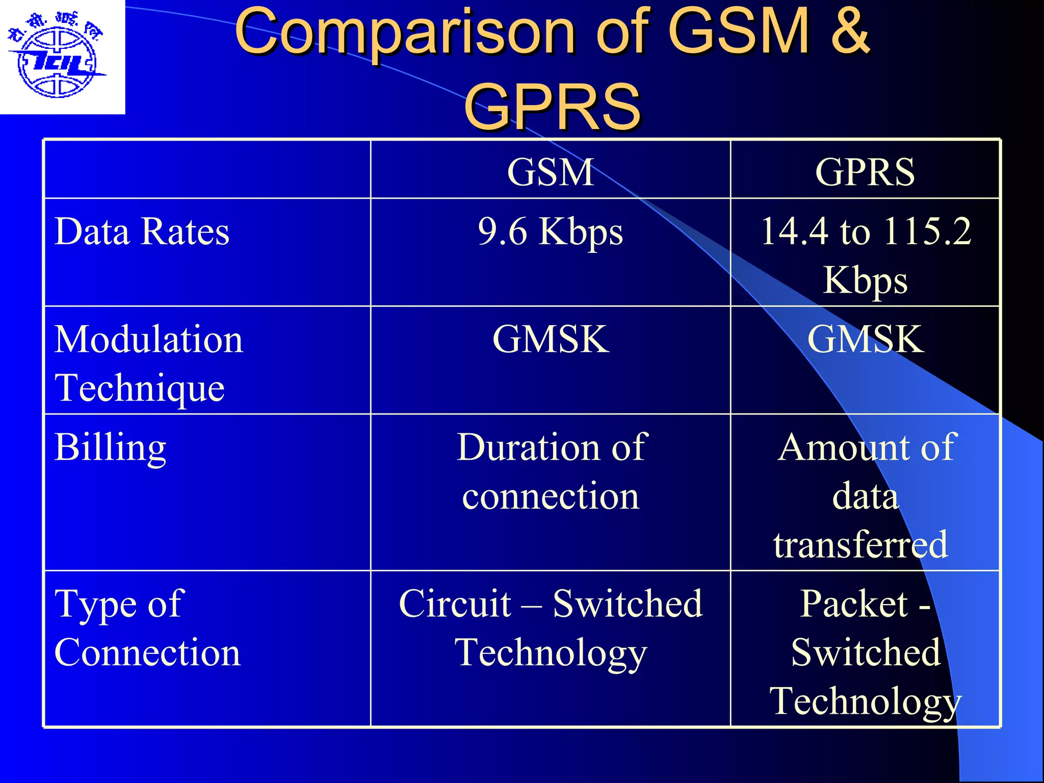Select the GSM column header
coord(551,172)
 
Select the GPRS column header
coord(865,172)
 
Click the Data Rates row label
coord(142,232)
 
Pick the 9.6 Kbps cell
coord(551,232)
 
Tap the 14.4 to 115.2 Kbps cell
coord(865,255)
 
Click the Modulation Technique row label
coord(148,363)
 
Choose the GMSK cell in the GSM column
coord(551,340)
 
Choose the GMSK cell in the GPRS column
coord(865,340)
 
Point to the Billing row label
coord(110,448)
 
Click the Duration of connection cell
coord(551,472)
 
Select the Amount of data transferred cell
coord(865,495)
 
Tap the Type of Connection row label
coord(147,628)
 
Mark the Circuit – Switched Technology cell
coord(551,628)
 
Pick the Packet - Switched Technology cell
coord(865,652)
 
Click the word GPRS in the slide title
coord(552,107)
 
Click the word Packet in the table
coord(854,604)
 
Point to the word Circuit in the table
coord(455,604)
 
